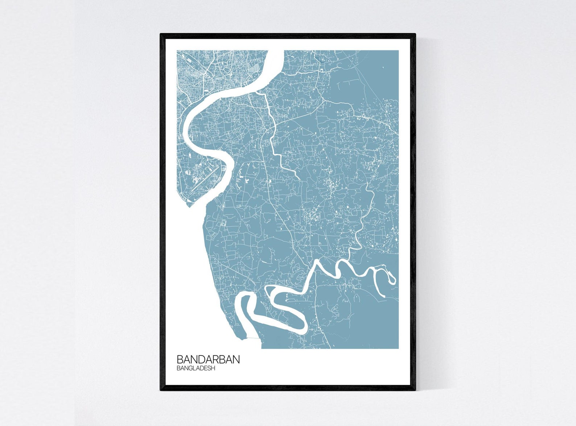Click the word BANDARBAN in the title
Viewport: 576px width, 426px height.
208,359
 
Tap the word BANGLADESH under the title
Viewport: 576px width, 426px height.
196,368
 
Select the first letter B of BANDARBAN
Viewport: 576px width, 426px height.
180,359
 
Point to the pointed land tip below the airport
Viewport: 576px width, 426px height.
188,206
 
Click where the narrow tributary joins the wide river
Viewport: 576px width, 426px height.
258,92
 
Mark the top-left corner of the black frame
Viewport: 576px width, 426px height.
161,34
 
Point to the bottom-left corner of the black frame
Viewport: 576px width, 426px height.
161,390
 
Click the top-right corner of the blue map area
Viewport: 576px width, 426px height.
398,51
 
